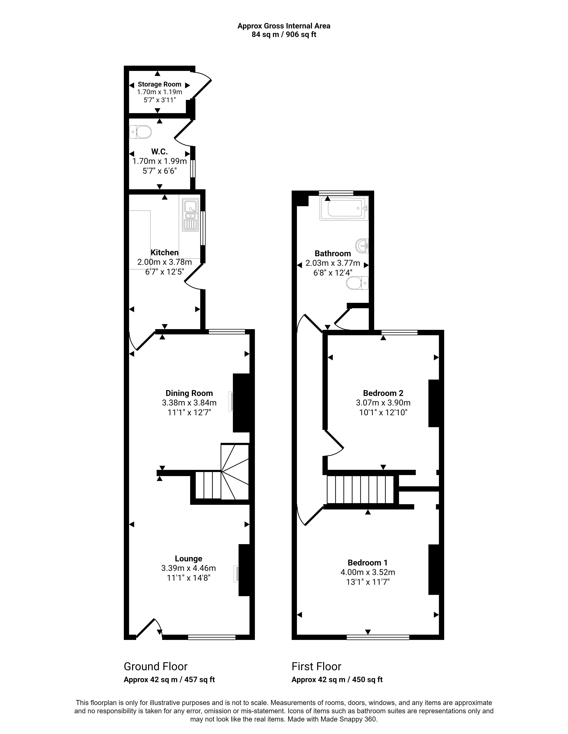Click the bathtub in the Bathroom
(x=344, y=208)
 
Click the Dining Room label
(x=189, y=393)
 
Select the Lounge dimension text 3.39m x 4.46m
(x=188, y=568)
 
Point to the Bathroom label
(x=333, y=253)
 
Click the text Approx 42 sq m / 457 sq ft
(x=169, y=680)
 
